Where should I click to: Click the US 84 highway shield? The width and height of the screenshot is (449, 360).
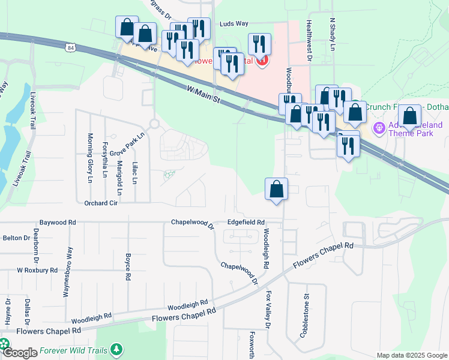point(71,47)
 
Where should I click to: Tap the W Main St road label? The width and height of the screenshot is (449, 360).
point(202,95)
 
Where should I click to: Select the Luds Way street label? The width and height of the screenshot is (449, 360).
point(234,24)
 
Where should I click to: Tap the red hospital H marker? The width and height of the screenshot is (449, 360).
point(262,60)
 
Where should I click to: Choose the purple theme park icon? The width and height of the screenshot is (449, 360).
point(378,127)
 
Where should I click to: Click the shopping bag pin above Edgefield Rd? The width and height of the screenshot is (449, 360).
point(276,190)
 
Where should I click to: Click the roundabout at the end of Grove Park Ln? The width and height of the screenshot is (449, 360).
point(154,124)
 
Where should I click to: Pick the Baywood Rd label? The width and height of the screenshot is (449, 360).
point(58,222)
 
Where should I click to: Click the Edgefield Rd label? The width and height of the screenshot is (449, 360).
point(246,222)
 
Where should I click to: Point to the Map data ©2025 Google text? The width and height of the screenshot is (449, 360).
point(411,355)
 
